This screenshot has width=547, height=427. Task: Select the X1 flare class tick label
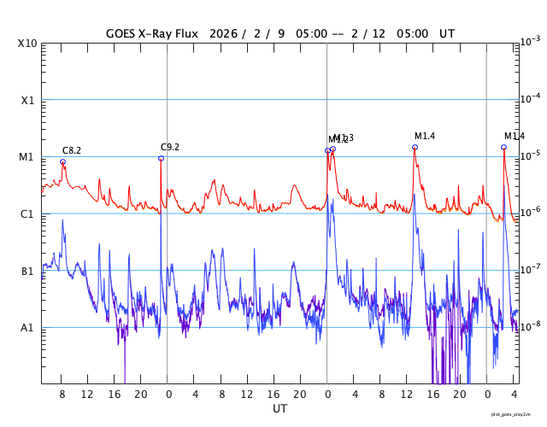(28, 100)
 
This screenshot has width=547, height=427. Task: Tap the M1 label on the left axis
(27, 157)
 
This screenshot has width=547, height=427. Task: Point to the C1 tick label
(27, 213)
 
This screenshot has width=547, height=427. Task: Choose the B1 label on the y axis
(27, 271)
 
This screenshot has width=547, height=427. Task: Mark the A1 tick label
(27, 327)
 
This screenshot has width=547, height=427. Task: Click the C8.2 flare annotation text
(72, 151)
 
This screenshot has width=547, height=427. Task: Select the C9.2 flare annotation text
(170, 147)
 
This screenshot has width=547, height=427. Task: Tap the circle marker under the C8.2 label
(62, 161)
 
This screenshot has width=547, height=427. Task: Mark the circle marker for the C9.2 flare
(161, 158)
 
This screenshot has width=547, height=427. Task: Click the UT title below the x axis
(279, 409)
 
